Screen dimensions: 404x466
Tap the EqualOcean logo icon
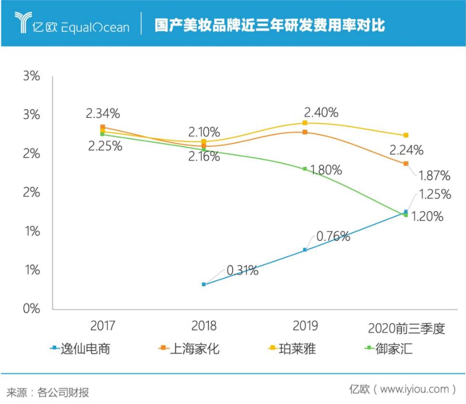pos(22,23)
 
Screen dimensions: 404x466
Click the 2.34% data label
pos(103,114)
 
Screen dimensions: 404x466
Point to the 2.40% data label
pos(321,112)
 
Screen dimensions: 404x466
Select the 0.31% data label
pos(241,270)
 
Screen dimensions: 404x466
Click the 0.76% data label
pos(333,236)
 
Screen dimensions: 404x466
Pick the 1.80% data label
pos(325,170)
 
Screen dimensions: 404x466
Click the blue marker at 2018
pos(204,284)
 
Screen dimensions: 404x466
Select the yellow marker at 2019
pos(305,123)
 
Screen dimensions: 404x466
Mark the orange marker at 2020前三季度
pos(406,164)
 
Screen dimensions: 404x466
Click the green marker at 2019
pos(305,169)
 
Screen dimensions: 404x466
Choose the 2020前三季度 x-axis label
pos(406,329)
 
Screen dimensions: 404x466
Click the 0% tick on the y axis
pos(31,309)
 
